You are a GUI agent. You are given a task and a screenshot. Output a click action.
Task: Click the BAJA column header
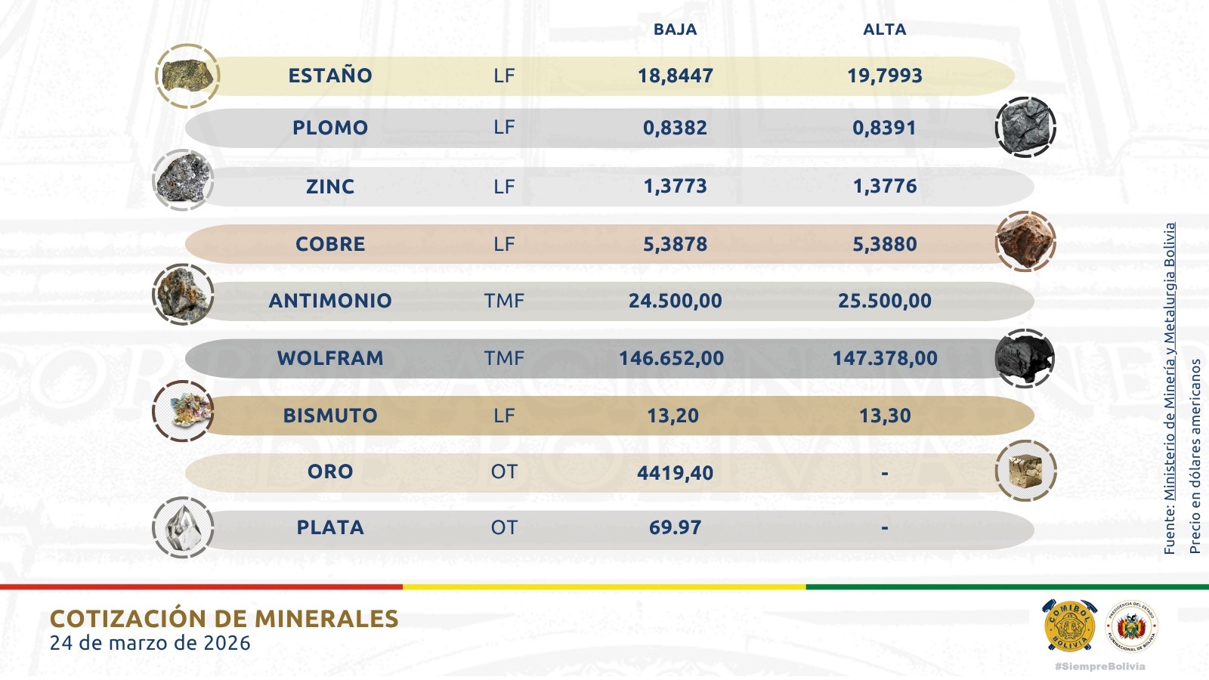[x=675, y=29]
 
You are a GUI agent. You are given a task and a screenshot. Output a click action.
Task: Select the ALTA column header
[x=884, y=29]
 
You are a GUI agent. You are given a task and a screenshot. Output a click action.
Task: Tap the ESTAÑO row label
[x=330, y=76]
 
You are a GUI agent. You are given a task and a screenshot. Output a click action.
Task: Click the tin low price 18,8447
[x=675, y=76]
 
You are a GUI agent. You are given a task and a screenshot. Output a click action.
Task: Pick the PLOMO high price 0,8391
[x=884, y=128]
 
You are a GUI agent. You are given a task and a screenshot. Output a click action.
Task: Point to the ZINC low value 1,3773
[x=675, y=186]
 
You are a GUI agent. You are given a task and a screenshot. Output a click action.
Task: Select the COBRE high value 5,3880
[x=884, y=244]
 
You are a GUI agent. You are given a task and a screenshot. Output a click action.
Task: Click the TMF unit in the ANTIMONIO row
[x=504, y=301]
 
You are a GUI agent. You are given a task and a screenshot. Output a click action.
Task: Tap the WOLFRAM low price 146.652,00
[x=671, y=358]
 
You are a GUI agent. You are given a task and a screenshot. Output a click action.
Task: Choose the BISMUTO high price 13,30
[x=884, y=416]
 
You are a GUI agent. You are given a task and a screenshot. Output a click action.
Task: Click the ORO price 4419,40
[x=675, y=473]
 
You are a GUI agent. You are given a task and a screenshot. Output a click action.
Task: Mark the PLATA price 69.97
[x=675, y=527]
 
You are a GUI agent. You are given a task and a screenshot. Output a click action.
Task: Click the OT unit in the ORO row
[x=504, y=471]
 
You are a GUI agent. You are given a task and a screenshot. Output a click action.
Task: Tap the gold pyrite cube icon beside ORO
[x=1025, y=471]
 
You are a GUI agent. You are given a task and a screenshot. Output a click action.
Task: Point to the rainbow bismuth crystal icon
[x=183, y=412]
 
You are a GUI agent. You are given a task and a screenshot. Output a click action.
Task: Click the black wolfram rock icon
[x=1025, y=357]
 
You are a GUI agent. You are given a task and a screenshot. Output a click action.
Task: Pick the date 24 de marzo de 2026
[x=150, y=643]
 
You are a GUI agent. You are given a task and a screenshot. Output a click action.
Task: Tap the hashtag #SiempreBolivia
[x=1099, y=666]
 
